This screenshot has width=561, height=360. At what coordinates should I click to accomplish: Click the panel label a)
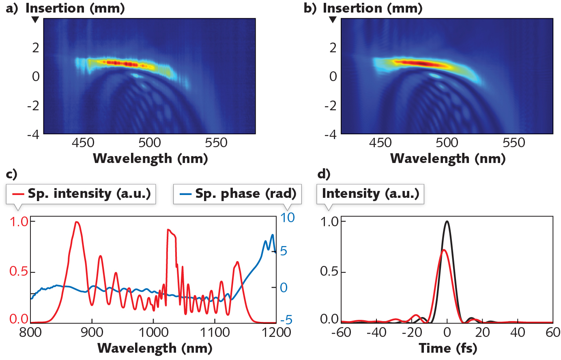click(x=12, y=8)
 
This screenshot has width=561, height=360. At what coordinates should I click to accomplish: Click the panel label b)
click(x=310, y=8)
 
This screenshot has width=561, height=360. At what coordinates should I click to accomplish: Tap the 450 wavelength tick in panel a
click(x=83, y=143)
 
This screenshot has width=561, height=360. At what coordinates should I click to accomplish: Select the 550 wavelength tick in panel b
click(x=514, y=143)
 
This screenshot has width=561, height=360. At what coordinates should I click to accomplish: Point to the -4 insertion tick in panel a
click(x=33, y=134)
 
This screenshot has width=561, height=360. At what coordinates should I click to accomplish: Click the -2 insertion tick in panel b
click(x=331, y=105)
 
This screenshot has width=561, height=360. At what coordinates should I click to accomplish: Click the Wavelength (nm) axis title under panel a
click(x=150, y=159)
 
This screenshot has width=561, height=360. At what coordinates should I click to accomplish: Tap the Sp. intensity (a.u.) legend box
click(x=81, y=194)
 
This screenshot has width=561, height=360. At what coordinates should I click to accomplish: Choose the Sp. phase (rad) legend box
click(x=237, y=194)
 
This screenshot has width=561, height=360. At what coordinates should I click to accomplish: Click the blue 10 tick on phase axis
click(x=287, y=218)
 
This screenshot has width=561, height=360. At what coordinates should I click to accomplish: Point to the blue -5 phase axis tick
click(x=286, y=320)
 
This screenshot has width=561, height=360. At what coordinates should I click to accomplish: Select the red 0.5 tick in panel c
click(x=19, y=272)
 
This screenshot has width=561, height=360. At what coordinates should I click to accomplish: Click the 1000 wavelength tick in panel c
click(x=153, y=333)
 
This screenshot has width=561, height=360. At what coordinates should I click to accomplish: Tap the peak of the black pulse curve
click(x=447, y=221)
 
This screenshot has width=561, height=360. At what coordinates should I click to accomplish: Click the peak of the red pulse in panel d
click(x=444, y=250)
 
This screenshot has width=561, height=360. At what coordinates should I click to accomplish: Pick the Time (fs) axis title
click(x=448, y=348)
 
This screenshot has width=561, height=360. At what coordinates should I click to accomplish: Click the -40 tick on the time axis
click(x=376, y=333)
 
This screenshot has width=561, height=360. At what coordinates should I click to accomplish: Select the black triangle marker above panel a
click(x=36, y=19)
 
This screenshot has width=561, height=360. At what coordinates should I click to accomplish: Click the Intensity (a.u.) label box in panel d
click(x=370, y=194)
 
